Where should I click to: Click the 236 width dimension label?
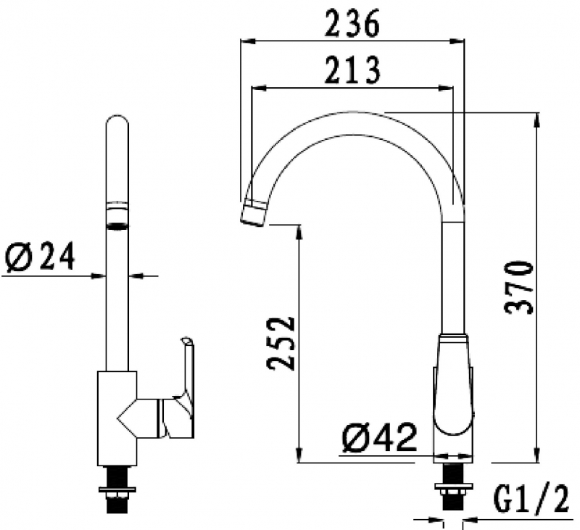click(x=351, y=25)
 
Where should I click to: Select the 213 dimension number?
click(x=351, y=71)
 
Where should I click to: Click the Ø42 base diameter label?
click(x=380, y=439)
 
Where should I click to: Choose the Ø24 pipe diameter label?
click(x=40, y=256)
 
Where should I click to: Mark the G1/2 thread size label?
click(x=531, y=500)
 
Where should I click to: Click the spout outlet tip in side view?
click(x=254, y=211)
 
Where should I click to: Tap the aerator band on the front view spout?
click(x=117, y=215)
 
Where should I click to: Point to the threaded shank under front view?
click(x=117, y=492)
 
